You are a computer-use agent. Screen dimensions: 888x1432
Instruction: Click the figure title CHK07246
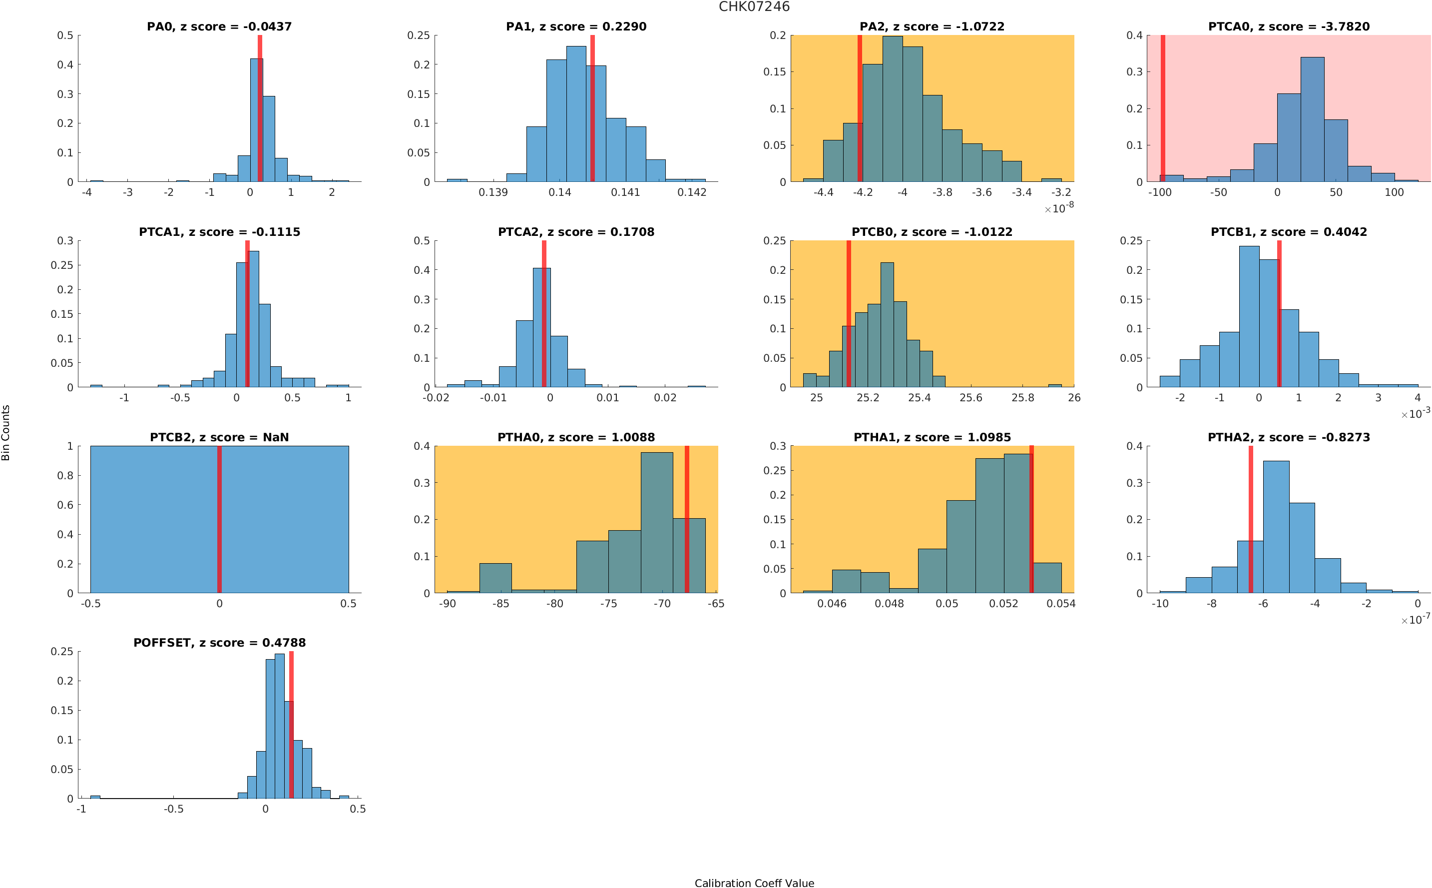click(754, 6)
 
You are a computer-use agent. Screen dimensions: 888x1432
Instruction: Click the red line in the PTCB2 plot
click(219, 519)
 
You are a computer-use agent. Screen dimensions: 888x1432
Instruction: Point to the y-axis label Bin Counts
click(6, 432)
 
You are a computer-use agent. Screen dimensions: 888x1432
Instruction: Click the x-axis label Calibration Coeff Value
click(754, 883)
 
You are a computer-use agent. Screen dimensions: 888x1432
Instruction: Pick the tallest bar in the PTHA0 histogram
click(656, 522)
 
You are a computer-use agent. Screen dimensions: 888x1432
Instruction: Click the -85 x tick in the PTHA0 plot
click(500, 604)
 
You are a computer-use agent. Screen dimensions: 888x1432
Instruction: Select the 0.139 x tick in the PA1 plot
click(493, 192)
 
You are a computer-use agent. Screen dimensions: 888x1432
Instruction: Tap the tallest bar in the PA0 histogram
click(256, 120)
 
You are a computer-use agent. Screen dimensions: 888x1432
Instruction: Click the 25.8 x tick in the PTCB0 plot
click(1022, 398)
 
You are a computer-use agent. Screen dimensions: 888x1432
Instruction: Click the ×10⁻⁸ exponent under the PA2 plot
click(1059, 208)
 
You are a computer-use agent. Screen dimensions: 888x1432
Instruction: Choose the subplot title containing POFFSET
click(219, 643)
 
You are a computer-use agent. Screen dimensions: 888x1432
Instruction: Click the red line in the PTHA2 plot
click(1251, 519)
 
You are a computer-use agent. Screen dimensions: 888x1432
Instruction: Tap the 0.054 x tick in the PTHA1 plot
click(1060, 604)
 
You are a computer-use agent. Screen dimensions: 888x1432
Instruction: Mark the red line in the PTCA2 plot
click(544, 314)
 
